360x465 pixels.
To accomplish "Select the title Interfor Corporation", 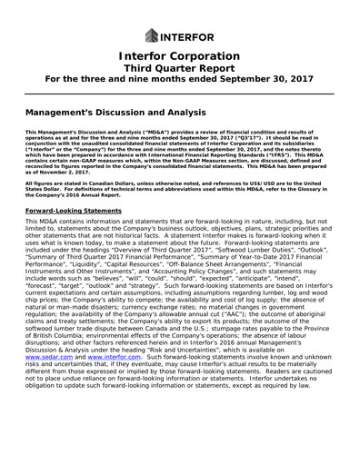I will tap(179, 61).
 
